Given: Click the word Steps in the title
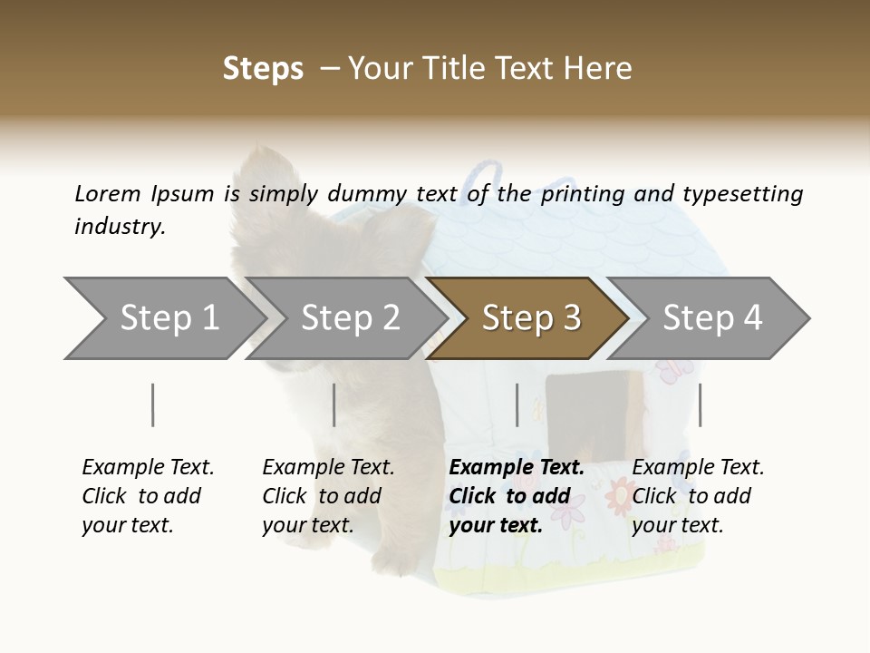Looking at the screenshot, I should [263, 69].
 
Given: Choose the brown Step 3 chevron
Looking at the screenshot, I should [531, 318].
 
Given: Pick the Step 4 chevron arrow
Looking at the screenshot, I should [712, 318].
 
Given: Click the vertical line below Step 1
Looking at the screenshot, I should [153, 404].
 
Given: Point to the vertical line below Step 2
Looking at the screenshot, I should [334, 404].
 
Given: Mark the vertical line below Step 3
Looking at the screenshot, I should [517, 404].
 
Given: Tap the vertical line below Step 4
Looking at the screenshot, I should [700, 404].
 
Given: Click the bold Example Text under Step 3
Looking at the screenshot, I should [517, 468].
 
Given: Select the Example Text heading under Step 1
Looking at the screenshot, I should [148, 468].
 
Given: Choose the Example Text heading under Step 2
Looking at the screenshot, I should [328, 468].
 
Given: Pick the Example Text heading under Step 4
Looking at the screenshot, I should [698, 468].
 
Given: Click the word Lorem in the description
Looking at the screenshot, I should [108, 194].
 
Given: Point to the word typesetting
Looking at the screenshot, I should [742, 194].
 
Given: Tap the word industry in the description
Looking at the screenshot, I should [120, 227].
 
